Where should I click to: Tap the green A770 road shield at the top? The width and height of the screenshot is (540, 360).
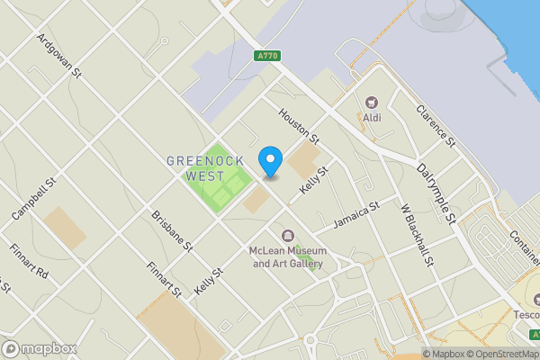pos(266,56)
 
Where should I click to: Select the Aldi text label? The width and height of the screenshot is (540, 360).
pos(372,117)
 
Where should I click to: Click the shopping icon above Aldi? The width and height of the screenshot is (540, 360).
pos(372,103)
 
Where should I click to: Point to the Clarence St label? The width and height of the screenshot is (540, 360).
pos(432,127)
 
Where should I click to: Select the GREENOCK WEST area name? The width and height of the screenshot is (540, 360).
pos(199,168)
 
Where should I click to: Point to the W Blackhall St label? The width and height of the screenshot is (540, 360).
pos(418,235)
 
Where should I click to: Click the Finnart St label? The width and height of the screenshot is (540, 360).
pos(165,278)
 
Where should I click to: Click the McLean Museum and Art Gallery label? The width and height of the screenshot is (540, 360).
pos(287,257)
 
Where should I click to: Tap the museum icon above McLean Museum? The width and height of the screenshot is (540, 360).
pos(287,236)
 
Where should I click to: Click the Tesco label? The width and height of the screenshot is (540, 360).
pos(526,315)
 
